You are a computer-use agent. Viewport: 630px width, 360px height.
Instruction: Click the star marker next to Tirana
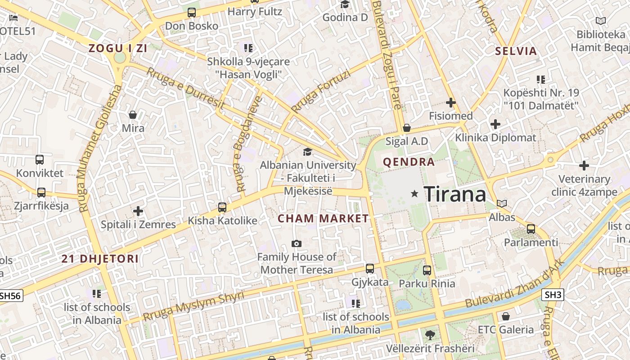pos(414,193)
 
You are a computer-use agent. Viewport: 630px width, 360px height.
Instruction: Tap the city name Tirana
pos(455,194)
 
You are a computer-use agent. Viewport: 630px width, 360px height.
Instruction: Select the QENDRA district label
pos(409,162)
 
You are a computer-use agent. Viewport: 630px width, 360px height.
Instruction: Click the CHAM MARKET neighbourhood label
pos(323,219)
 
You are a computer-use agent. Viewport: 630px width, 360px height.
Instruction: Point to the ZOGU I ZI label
pos(118,49)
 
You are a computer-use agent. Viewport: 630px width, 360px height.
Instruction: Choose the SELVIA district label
pos(516,51)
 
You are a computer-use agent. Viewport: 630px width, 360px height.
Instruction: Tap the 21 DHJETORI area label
pos(100,259)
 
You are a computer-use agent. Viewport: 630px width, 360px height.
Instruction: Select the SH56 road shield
pos(11,295)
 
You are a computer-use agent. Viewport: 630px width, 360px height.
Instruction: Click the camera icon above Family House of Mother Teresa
pos(297,243)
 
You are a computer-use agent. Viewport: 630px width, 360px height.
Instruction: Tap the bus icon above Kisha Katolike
pos(222,207)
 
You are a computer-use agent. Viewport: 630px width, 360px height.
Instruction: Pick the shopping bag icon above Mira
pos(133,115)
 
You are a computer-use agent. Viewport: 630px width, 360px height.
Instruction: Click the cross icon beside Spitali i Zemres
pos(138,211)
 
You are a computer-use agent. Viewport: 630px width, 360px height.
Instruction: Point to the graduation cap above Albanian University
pos(307,152)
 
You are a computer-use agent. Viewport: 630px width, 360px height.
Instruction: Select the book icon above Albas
pos(502,203)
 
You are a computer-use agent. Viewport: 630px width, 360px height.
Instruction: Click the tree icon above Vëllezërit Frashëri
pos(430,335)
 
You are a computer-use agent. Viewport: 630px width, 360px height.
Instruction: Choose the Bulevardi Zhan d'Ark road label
pos(513,284)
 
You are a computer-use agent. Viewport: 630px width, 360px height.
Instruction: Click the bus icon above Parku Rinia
pos(427,270)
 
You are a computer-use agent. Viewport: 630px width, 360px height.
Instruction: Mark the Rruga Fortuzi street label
pos(320,92)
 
